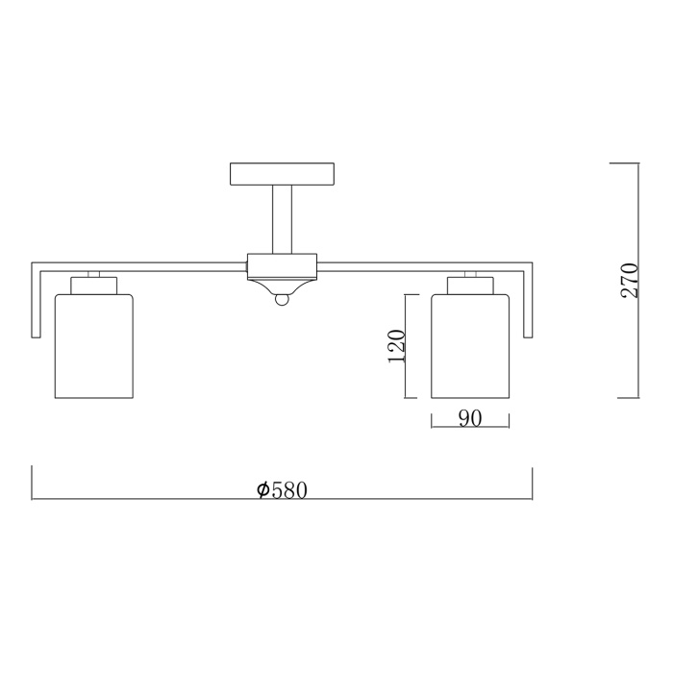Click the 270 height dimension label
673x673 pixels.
630,280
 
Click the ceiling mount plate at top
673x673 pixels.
282,174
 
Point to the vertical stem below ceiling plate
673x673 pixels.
282,219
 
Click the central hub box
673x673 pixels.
282,264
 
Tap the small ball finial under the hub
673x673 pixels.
282,300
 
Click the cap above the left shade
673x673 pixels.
93,285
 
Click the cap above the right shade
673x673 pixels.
470,285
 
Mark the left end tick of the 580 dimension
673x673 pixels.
33,484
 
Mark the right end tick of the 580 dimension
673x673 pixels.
533,484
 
